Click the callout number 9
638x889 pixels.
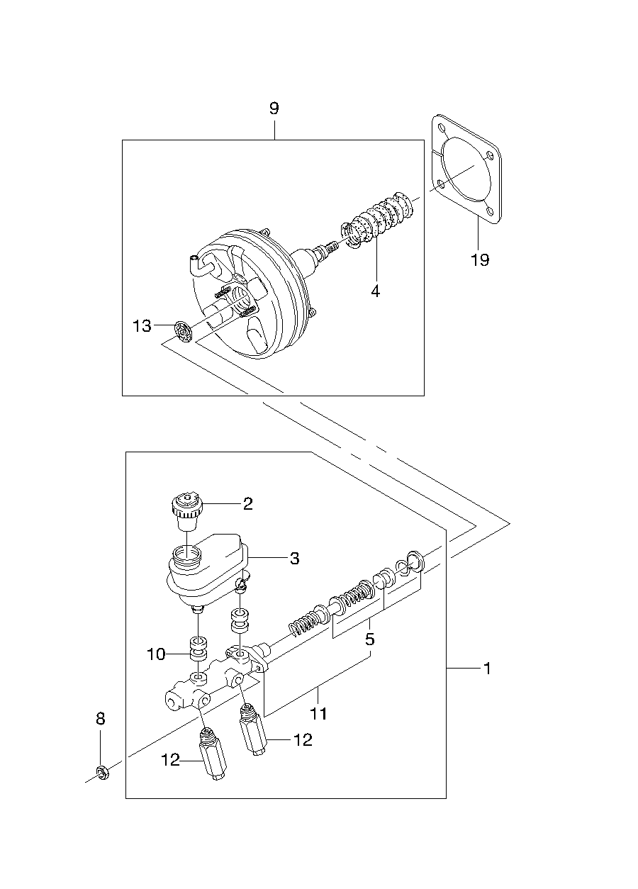pyautogui.click(x=274, y=108)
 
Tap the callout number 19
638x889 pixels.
pyautogui.click(x=480, y=260)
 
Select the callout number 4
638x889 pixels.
pyautogui.click(x=375, y=291)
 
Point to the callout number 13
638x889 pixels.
pyautogui.click(x=142, y=326)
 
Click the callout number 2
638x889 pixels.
pyautogui.click(x=248, y=504)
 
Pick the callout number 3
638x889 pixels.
pyautogui.click(x=294, y=559)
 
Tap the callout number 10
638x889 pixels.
pyautogui.click(x=156, y=654)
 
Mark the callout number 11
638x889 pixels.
pyautogui.click(x=318, y=714)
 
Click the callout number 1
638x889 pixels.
pyautogui.click(x=488, y=669)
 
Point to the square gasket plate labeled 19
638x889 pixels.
pyautogui.click(x=466, y=169)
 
